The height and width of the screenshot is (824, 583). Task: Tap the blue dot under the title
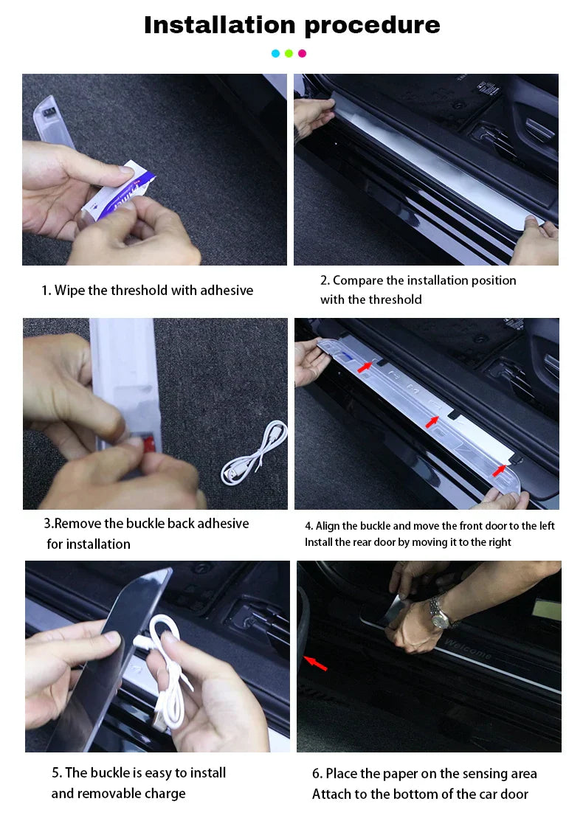pos(275,53)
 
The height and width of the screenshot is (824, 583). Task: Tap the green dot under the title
pos(289,53)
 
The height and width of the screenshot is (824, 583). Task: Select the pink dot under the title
pos(302,53)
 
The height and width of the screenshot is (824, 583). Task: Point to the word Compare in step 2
pos(357,280)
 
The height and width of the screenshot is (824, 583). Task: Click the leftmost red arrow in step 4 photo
pos(365,366)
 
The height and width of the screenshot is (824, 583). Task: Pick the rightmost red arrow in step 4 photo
pos(500,469)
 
